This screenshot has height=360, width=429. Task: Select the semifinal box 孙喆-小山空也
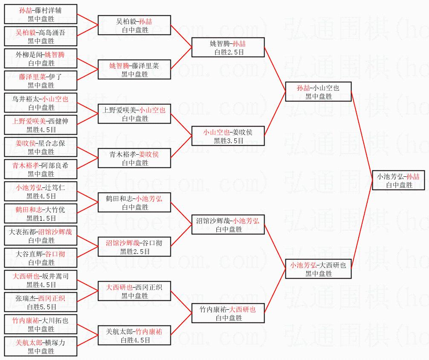(318, 92)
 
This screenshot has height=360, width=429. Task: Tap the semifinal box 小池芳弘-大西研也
(318, 269)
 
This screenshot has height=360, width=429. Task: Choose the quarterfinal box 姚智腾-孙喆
(228, 47)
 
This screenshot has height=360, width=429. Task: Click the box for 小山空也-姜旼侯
(228, 136)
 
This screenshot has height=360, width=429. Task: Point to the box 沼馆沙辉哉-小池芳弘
(228, 225)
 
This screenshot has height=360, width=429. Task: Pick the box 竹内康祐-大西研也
(228, 313)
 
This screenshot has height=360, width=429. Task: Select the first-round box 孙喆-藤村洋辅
(41, 14)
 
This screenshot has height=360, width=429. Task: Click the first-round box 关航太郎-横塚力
(41, 346)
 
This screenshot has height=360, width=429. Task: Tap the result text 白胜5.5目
(41, 307)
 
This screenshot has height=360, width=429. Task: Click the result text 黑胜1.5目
(41, 218)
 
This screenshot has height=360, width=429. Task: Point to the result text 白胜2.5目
(228, 52)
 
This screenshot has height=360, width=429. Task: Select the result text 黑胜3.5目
(228, 141)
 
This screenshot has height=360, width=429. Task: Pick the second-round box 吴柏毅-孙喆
(134, 25)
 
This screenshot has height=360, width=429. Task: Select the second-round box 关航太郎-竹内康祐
(134, 335)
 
